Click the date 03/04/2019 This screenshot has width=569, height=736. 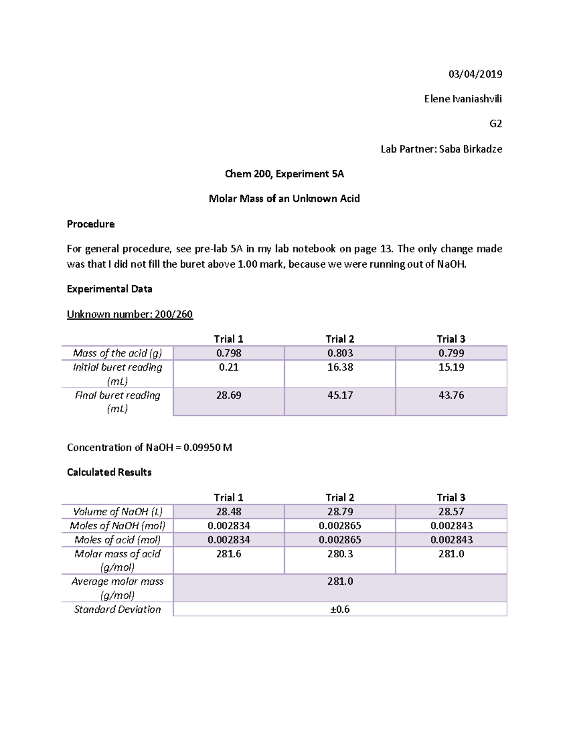pos(475,74)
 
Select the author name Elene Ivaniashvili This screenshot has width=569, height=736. pos(463,99)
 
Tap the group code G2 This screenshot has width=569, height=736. pos(496,124)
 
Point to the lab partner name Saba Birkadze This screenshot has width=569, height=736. pos(470,149)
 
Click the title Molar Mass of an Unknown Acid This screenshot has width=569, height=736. pos(284,199)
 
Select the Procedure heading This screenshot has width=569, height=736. pos(91,224)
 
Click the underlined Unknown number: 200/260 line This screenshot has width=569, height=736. pos(129,314)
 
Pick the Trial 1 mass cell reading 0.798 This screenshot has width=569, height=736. pos(229,353)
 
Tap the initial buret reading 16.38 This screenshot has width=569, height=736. pos(340,367)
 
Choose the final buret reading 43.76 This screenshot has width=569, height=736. pos(451,395)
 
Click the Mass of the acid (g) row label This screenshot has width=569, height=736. pos(117,353)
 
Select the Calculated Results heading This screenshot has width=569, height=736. pos(109,472)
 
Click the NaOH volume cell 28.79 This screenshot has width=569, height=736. pos(340,511)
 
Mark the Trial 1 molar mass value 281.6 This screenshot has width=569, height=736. pos(229,554)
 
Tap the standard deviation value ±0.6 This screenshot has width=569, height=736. pos(340,609)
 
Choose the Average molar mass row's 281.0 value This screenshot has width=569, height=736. pos(340,582)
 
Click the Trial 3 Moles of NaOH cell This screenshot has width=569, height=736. pos(451,526)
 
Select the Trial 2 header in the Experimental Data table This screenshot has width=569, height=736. pos(340,339)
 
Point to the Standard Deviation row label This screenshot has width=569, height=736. pos(117,609)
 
